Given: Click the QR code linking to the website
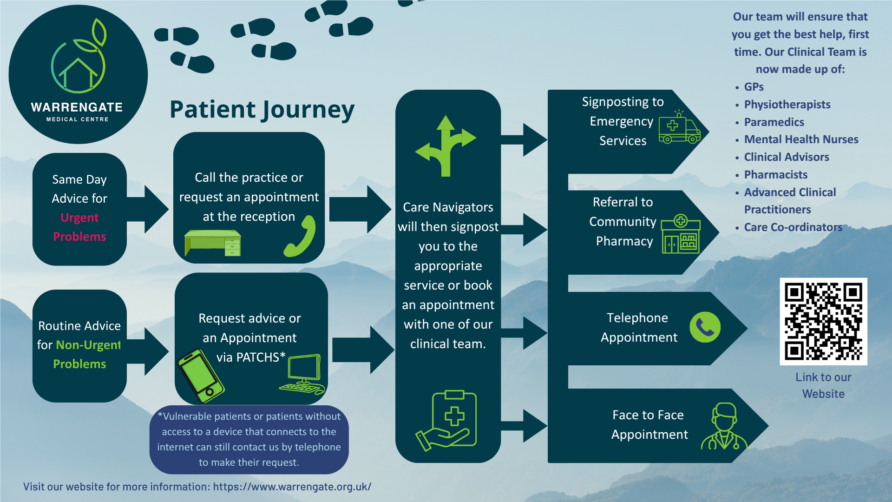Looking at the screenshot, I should coord(823,321).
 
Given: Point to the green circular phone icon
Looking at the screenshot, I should coord(705,327).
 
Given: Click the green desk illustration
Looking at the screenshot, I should coord(213,242).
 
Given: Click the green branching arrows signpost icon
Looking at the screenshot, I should coord(446,146).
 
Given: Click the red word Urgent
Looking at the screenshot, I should coord(79,218).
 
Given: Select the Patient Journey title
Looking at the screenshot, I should coord(262,110).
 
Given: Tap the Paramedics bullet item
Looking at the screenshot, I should coord(774,122).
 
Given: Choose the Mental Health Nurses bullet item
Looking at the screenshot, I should coord(801,139).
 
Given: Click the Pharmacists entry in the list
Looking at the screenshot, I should coord(776,174).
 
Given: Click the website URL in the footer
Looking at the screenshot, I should coord(292,487).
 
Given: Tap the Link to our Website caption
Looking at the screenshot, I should coord(823,385).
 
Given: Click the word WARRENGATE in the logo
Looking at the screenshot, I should coord(77,107).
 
